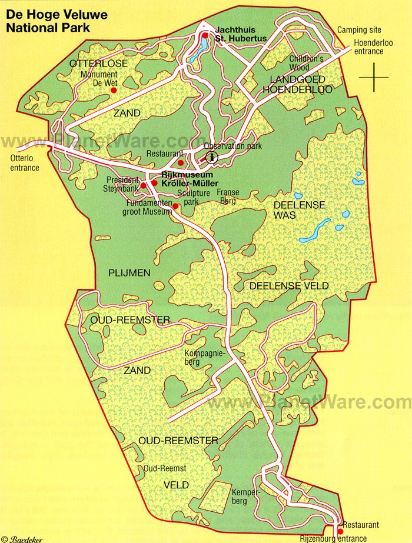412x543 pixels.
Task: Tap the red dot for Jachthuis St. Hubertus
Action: (205, 36)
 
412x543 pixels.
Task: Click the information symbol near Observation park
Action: (211, 156)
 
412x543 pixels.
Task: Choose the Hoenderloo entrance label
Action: (369, 47)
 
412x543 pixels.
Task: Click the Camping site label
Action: (359, 30)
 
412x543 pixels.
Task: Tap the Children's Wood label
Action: (307, 63)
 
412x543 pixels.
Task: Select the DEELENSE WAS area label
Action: (292, 210)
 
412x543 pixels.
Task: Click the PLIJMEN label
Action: (129, 272)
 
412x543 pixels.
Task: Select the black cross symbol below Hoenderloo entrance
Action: (374, 77)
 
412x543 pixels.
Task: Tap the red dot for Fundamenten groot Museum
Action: (175, 205)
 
